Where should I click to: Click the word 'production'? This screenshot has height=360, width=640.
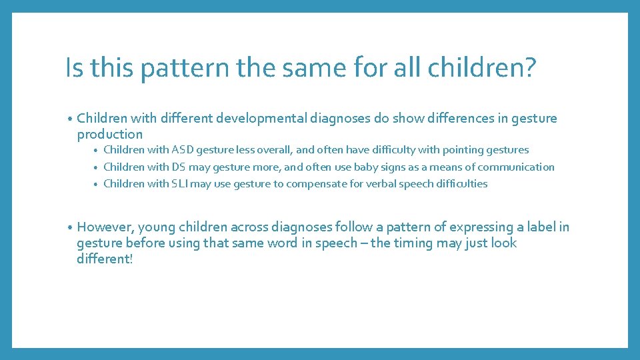click(x=110, y=134)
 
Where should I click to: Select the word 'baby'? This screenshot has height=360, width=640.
click(x=367, y=167)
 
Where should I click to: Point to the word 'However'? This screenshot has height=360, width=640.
click(x=105, y=227)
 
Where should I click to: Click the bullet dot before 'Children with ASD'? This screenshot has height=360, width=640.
click(x=96, y=151)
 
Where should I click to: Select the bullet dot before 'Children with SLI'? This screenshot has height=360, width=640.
click(x=96, y=184)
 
